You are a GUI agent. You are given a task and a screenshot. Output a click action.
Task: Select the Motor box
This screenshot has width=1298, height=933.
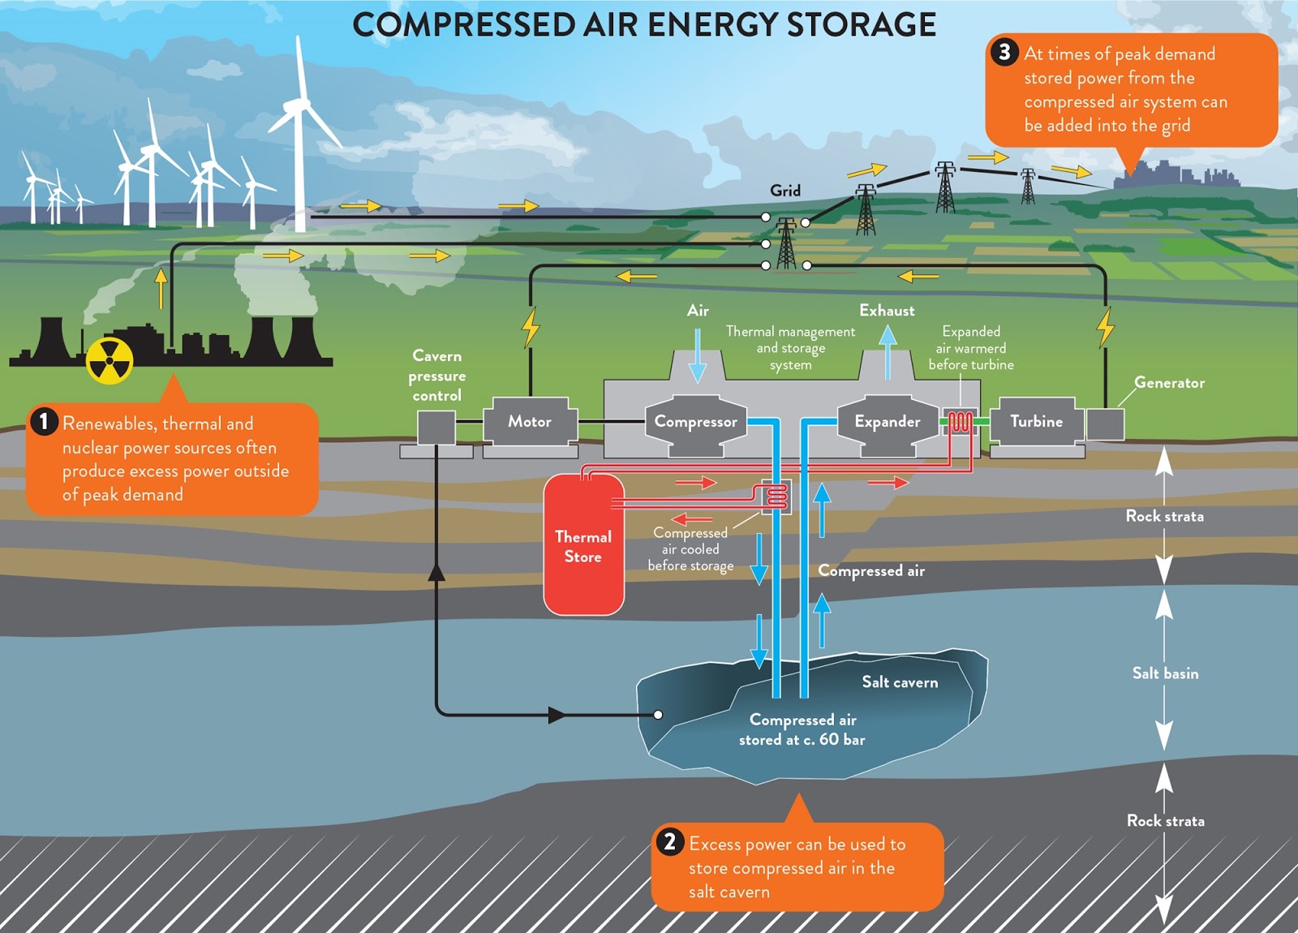pos(530,421)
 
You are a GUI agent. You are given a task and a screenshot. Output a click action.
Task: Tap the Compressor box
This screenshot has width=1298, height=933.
pos(695,421)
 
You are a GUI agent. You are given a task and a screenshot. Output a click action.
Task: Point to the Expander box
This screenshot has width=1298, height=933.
pos(887,421)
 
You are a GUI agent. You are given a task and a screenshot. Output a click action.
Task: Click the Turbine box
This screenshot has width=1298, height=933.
pos(1036,421)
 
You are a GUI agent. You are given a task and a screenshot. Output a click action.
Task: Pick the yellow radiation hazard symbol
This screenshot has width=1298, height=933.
pos(110,361)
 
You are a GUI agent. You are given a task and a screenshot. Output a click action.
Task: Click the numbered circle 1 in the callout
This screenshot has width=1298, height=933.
pos(44,421)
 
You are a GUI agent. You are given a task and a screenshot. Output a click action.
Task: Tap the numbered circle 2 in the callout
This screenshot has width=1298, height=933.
pos(669,841)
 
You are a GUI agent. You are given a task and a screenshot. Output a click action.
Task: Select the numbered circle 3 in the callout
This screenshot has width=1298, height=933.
pos(1004,52)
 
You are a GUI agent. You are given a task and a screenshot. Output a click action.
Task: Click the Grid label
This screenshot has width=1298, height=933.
pos(784,191)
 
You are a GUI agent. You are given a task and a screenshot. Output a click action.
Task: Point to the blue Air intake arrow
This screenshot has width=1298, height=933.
pos(697,356)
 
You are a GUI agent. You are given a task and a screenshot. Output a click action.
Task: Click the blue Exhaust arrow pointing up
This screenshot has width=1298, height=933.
pos(888,351)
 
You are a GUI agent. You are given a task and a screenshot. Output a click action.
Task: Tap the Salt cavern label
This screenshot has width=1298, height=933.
pos(900,682)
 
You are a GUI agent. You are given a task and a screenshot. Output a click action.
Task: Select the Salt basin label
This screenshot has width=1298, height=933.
pos(1165,673)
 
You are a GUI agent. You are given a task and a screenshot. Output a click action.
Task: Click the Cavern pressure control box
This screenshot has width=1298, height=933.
pos(436,427)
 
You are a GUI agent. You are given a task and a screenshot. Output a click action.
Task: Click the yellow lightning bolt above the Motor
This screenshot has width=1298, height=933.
pos(531,327)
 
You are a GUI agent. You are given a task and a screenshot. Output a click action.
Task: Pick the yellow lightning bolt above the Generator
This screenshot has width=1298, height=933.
pos(1105,326)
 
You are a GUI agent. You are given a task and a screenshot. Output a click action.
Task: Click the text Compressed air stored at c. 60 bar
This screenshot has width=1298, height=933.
pos(802,729)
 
